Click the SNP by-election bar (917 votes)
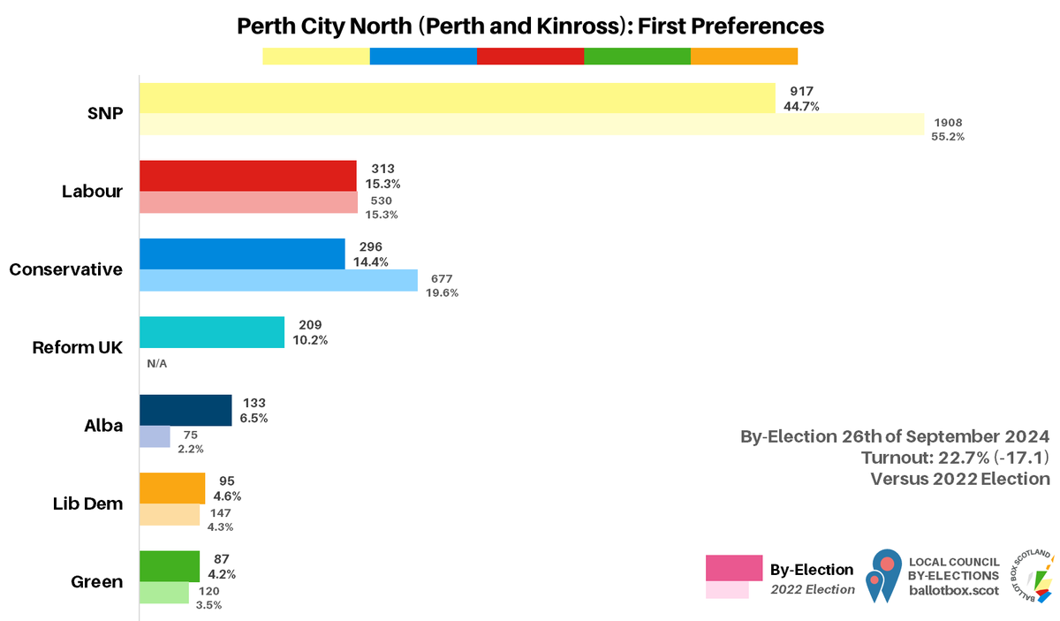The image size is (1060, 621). click(457, 98)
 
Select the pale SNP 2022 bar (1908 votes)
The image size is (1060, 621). click(531, 125)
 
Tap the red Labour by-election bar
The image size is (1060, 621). click(247, 175)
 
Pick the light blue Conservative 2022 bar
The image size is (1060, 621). click(278, 280)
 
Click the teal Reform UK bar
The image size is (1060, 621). click(212, 332)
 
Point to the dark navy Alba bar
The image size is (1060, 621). click(185, 410)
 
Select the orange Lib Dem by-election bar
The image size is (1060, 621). click(172, 488)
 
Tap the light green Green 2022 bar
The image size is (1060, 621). click(164, 592)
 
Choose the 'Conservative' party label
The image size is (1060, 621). click(66, 269)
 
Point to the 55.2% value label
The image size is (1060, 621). click(948, 137)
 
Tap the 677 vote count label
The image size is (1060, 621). click(443, 279)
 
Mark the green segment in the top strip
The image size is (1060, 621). click(637, 57)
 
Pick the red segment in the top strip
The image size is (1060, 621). click(530, 57)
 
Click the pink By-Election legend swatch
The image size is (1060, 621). click(733, 568)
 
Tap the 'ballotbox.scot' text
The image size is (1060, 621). click(954, 590)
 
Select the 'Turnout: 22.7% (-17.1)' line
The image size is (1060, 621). click(955, 458)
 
